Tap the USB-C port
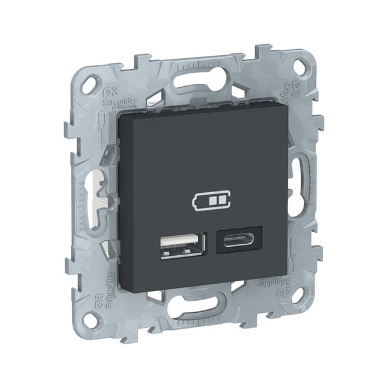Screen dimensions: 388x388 pyautogui.click(x=239, y=239)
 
